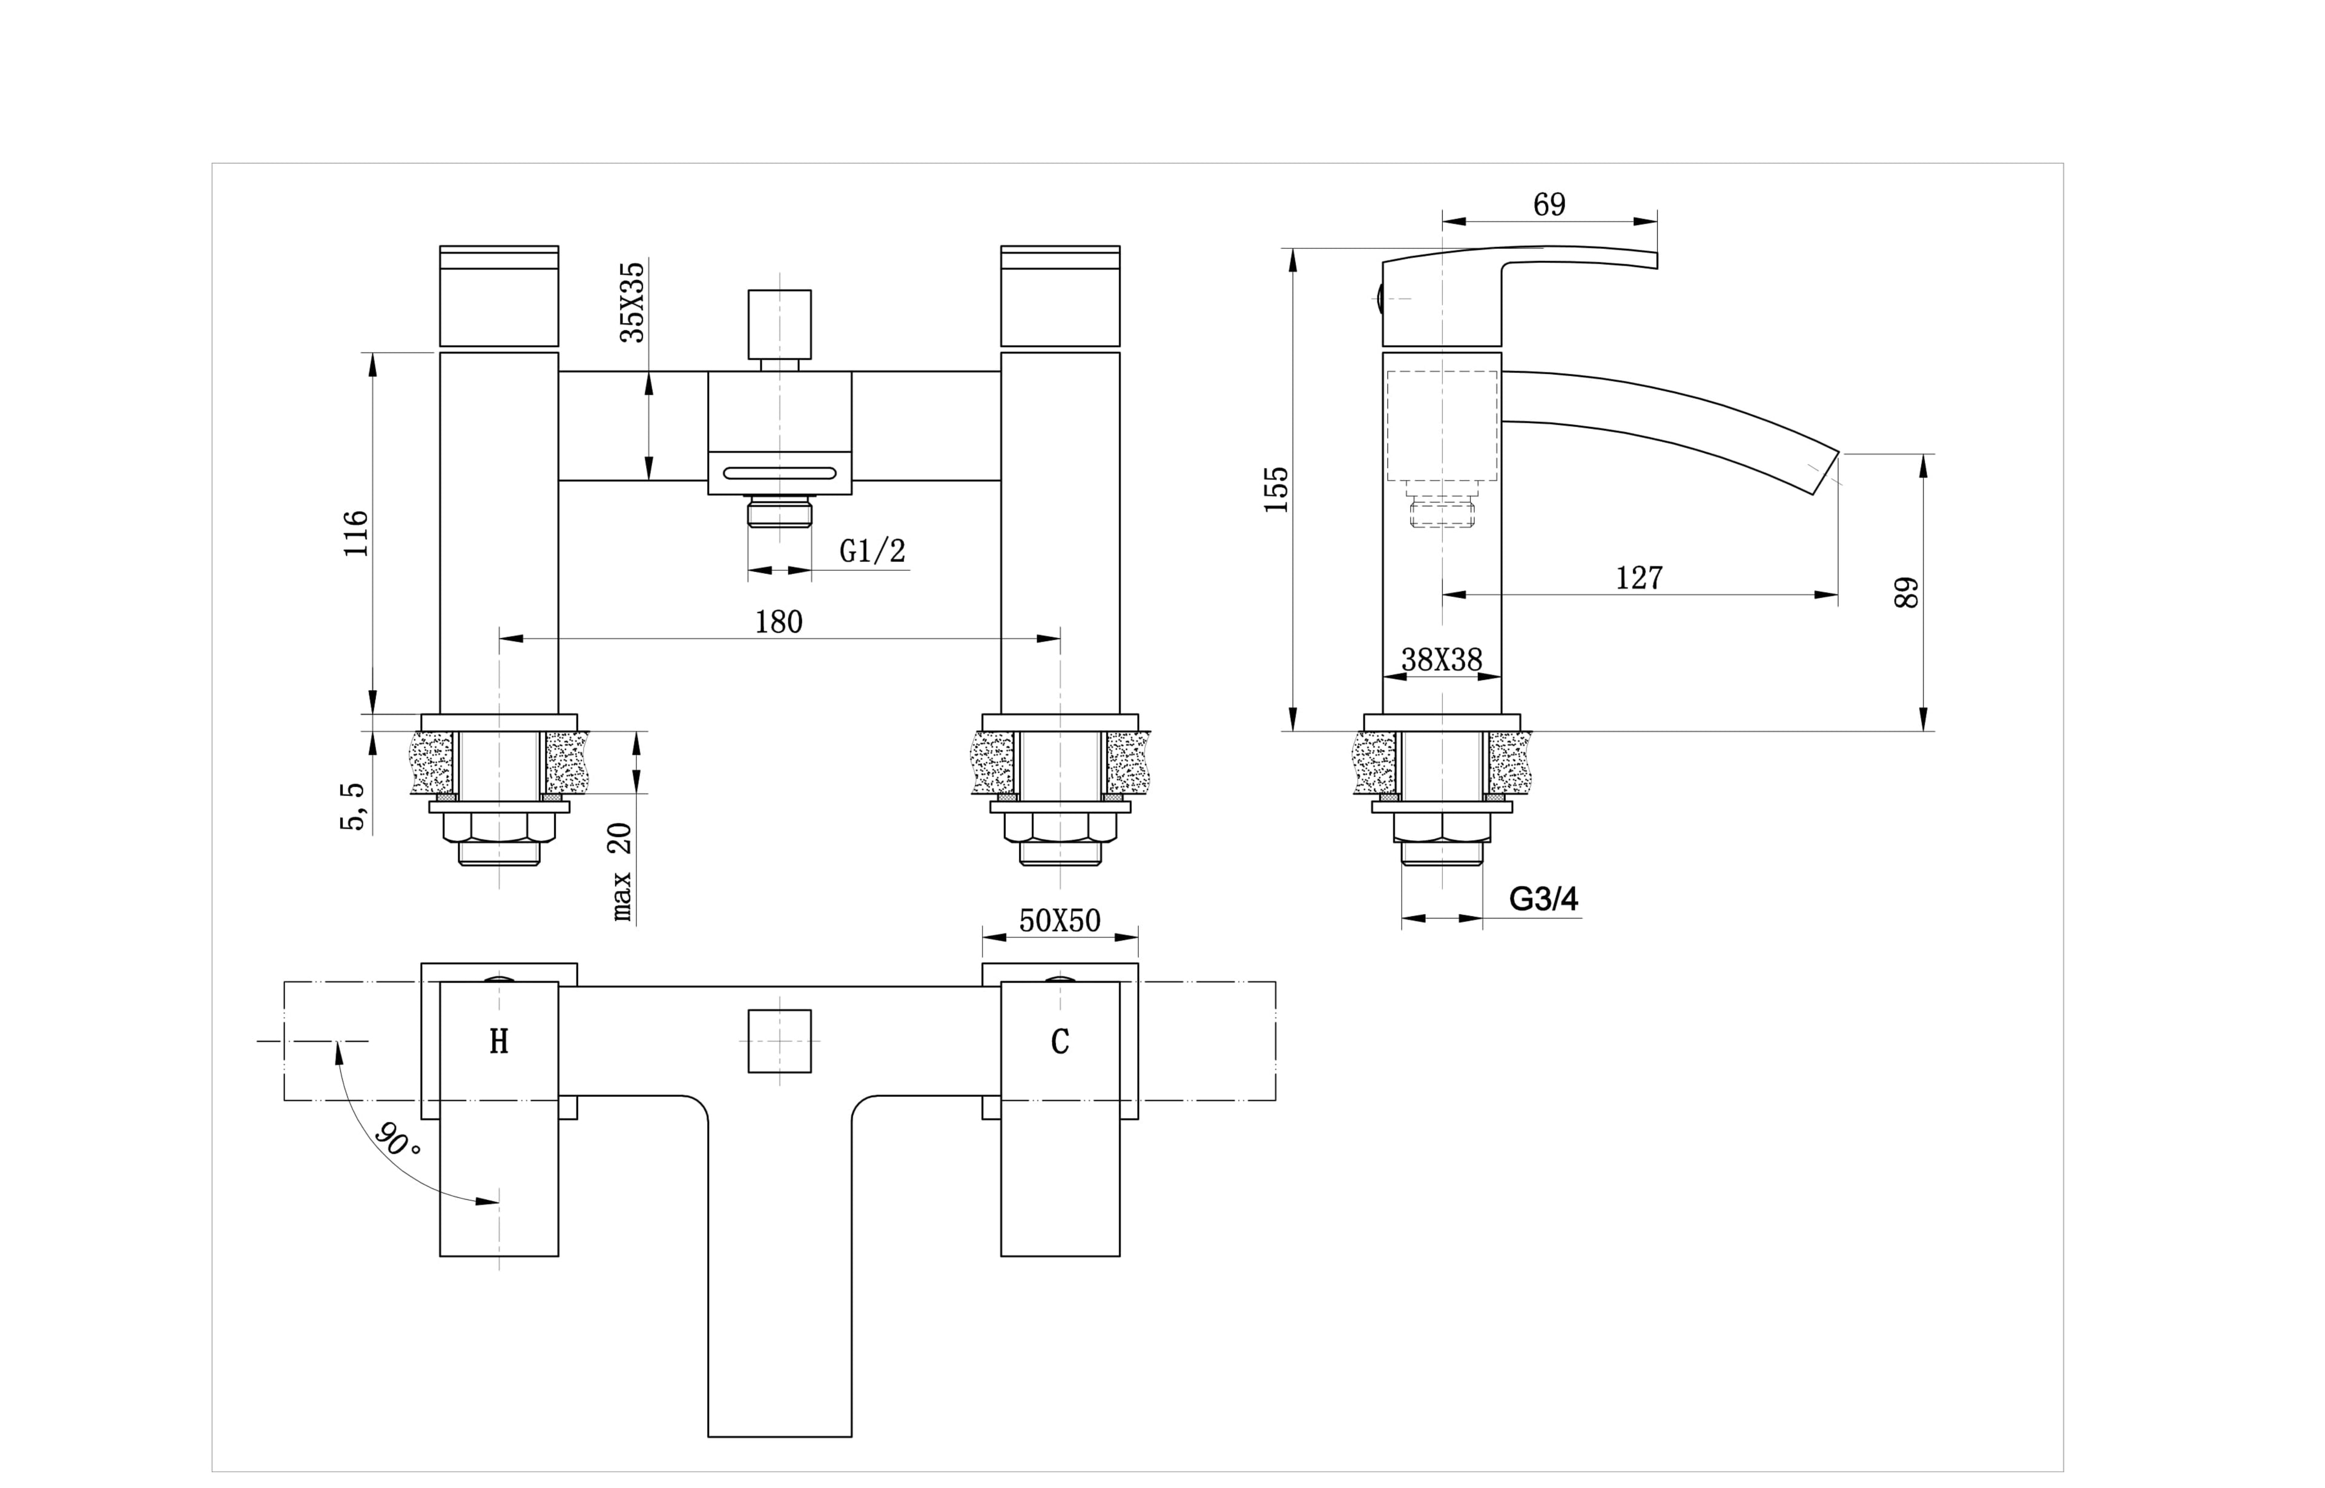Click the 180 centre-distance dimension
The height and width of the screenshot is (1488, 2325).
point(778,622)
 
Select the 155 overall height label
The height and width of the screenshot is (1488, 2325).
point(1276,490)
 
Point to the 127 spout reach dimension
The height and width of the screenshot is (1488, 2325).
point(1639,578)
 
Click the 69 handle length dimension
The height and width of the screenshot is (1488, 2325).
point(1549,205)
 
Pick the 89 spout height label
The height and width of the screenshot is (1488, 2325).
point(1907,592)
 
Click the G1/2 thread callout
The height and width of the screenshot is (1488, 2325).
point(872,551)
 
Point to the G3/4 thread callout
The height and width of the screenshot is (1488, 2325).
point(1543,900)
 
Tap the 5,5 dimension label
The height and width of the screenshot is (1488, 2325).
point(353,807)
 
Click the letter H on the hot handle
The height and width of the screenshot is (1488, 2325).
point(499,1042)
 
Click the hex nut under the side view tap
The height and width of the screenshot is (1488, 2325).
point(1441,827)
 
